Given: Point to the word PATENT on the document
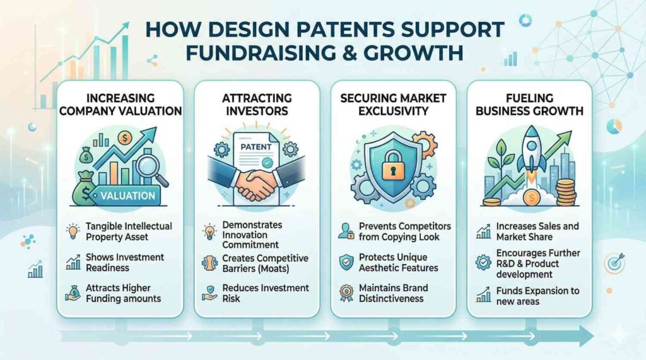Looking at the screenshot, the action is (256, 147).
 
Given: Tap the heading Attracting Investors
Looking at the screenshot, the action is (257, 104).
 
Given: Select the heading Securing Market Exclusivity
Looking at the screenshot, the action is (393, 104).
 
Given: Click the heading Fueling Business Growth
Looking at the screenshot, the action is (529, 104).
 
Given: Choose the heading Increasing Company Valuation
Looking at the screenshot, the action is (120, 104).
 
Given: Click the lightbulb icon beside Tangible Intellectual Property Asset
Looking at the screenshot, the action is (73, 231).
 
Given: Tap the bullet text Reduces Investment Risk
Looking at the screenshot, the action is (266, 293).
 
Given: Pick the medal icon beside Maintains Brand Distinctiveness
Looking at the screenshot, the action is (346, 293).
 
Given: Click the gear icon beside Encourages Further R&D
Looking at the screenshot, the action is (483, 262).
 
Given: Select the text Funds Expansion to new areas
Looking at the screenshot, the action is (537, 296).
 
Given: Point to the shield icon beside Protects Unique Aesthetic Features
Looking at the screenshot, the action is (346, 262).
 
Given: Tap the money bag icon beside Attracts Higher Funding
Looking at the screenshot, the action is (73, 293).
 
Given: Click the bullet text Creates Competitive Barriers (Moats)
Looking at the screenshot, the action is (266, 263).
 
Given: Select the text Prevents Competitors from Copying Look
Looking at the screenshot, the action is (404, 231).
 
